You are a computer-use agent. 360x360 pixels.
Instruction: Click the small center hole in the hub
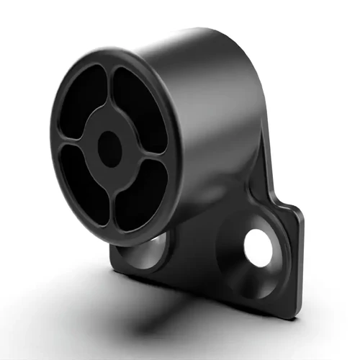109,148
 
